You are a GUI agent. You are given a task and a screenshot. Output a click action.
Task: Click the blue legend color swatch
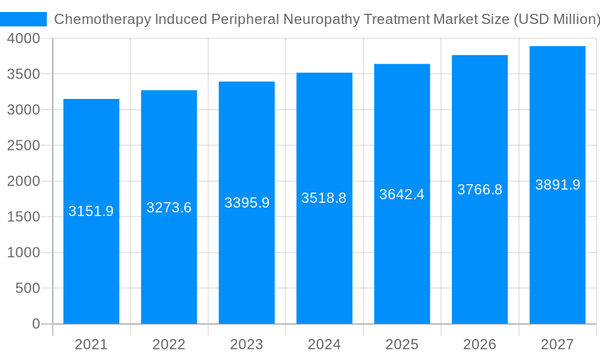click(23, 19)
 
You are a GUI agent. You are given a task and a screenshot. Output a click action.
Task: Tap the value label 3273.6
click(169, 208)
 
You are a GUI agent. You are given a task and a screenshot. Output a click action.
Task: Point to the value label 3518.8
click(324, 198)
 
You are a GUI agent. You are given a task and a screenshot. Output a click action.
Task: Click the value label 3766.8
click(479, 190)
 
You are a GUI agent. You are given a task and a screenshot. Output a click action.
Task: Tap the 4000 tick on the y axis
click(23, 38)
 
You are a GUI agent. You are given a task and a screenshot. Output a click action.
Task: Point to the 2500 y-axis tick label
click(23, 145)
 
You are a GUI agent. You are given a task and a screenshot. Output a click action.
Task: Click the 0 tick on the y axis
click(35, 324)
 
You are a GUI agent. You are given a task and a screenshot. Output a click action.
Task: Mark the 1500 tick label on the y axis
click(23, 217)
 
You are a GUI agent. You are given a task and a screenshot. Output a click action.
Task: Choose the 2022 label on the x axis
click(169, 344)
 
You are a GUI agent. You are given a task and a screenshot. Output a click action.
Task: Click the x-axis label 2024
click(324, 344)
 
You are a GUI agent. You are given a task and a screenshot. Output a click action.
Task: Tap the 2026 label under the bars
click(479, 344)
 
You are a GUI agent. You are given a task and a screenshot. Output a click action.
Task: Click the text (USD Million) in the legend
click(556, 19)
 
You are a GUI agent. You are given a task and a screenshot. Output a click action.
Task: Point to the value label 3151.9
click(91, 211)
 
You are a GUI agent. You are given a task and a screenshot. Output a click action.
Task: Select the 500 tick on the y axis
click(28, 288)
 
